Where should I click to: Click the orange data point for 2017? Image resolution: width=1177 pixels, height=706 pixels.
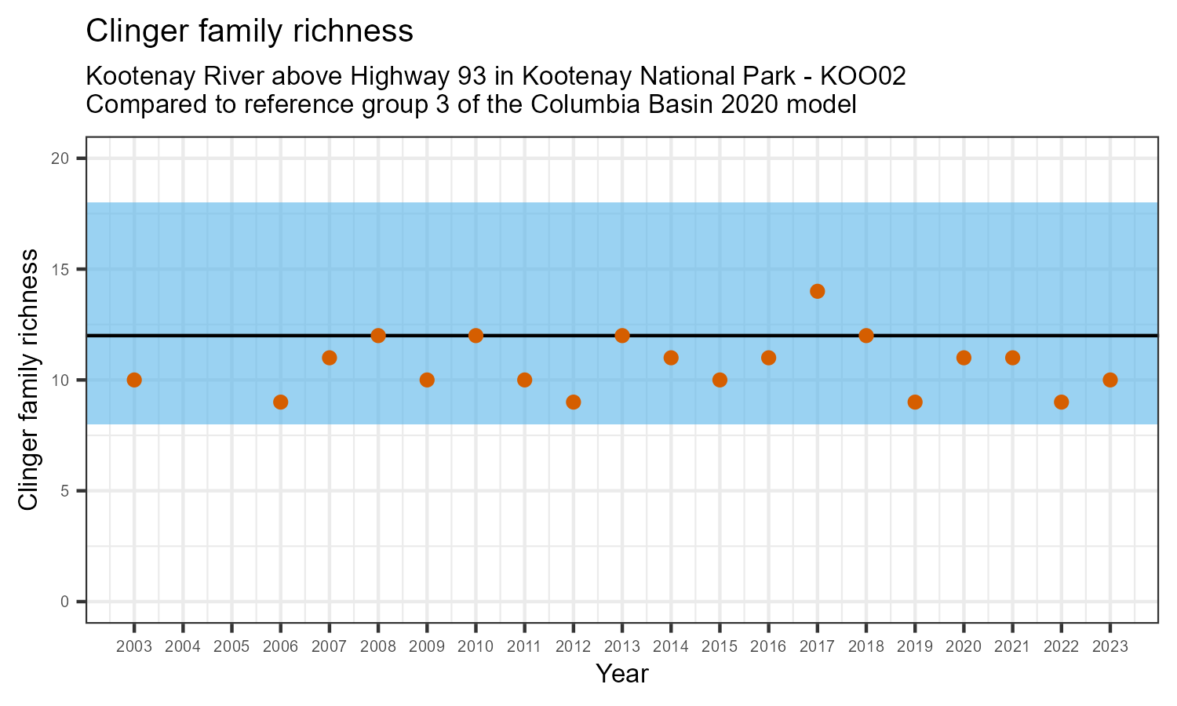click(817, 291)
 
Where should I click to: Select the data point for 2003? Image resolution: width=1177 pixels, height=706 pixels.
click(134, 380)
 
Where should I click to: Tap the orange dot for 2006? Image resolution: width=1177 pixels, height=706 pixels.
click(280, 402)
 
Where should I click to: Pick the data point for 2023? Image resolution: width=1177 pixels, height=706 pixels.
click(1110, 380)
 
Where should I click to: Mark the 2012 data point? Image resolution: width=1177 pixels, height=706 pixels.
click(573, 402)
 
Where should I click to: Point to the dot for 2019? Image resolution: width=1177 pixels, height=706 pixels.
click(914, 402)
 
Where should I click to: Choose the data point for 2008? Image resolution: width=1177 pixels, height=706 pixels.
click(378, 336)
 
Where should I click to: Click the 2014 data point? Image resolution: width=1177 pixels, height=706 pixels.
click(671, 358)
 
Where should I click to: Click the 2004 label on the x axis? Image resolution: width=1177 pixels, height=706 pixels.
click(183, 646)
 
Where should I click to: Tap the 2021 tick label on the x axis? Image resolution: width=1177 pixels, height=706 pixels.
click(1012, 646)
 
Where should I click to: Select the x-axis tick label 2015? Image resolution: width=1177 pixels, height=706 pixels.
click(720, 646)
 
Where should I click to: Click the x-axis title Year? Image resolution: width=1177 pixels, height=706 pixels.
click(621, 674)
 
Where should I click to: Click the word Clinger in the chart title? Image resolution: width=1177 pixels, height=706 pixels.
click(131, 31)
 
